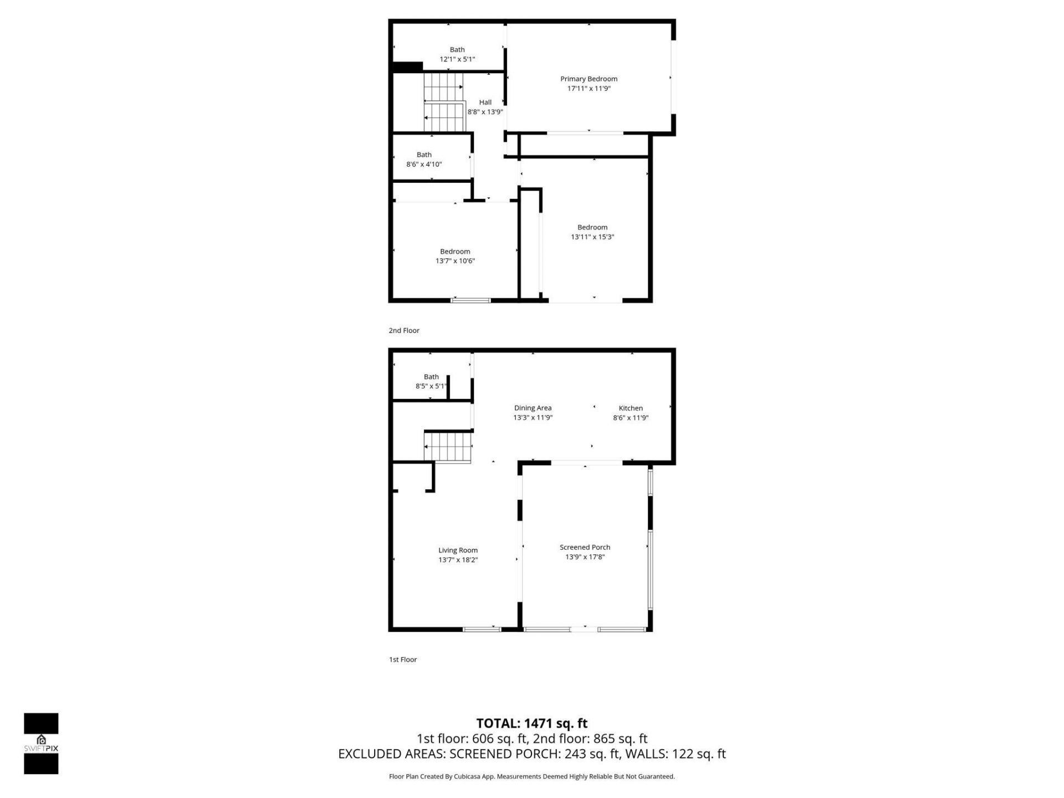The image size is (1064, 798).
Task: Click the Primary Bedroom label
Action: click(x=589, y=79)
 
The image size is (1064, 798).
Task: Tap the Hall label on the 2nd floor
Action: click(x=485, y=102)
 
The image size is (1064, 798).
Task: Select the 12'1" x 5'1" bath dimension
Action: click(x=457, y=59)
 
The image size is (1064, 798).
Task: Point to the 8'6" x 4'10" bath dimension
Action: click(x=424, y=164)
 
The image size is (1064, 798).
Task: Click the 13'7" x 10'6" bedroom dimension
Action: click(x=455, y=261)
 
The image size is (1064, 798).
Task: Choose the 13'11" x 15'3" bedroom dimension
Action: click(x=592, y=237)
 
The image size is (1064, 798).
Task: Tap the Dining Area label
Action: click(x=533, y=408)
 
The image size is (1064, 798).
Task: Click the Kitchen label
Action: click(x=631, y=408)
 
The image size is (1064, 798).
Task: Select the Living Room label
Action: click(x=458, y=550)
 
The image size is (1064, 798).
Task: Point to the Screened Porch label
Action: click(x=585, y=547)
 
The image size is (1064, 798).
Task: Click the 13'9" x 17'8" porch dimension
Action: click(x=585, y=557)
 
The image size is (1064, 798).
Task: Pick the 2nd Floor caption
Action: click(x=404, y=330)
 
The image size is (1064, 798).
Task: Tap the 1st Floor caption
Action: click(x=403, y=659)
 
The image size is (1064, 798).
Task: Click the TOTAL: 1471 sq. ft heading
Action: click(x=532, y=723)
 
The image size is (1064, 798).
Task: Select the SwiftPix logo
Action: click(x=41, y=743)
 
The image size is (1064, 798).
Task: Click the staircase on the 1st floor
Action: click(x=448, y=447)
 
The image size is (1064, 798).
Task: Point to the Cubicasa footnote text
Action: click(x=532, y=776)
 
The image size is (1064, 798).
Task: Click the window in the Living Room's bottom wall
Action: click(x=482, y=629)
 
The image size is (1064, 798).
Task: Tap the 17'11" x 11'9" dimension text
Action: click(x=589, y=89)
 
